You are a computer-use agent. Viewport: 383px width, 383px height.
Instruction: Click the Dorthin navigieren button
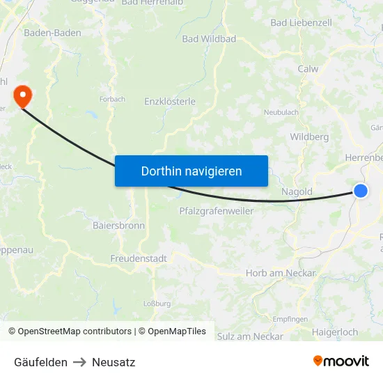191,171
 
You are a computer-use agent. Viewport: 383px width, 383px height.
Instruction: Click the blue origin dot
361,190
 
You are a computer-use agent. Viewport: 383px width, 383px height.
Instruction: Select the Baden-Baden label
52,33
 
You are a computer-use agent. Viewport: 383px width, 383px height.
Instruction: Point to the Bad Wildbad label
209,39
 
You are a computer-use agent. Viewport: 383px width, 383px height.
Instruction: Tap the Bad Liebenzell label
301,23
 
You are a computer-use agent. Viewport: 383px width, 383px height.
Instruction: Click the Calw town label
308,69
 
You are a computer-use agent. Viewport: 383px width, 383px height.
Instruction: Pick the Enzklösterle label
170,102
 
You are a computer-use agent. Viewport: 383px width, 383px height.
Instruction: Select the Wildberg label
309,137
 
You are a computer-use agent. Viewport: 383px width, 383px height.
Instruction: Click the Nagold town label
297,191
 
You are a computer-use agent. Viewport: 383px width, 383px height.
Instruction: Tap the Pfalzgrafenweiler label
217,210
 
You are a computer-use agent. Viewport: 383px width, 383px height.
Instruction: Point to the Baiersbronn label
119,226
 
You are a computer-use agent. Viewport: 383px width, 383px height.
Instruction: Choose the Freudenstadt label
139,258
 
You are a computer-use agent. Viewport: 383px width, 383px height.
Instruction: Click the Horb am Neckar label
281,273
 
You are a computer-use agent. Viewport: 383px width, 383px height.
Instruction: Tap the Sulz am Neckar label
250,336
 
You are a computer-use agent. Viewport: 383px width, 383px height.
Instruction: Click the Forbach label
112,100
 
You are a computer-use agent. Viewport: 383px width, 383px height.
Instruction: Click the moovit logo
341,361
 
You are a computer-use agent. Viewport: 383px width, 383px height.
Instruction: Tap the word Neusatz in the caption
114,362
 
